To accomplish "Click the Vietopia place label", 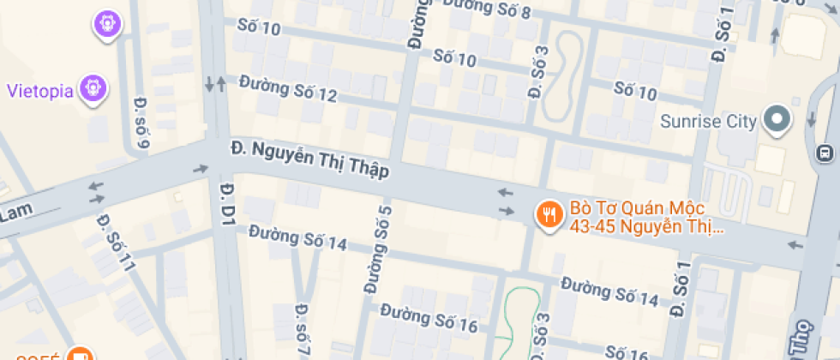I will (x=39, y=91).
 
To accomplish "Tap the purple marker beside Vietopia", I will (x=93, y=87).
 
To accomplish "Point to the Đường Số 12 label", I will (x=288, y=88).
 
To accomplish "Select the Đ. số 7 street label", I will (x=302, y=329).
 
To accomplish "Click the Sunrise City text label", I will (x=709, y=121).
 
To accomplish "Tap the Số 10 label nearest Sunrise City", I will (x=635, y=91).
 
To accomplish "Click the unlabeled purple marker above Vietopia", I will (x=107, y=23).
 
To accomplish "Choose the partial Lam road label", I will (x=15, y=215).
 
